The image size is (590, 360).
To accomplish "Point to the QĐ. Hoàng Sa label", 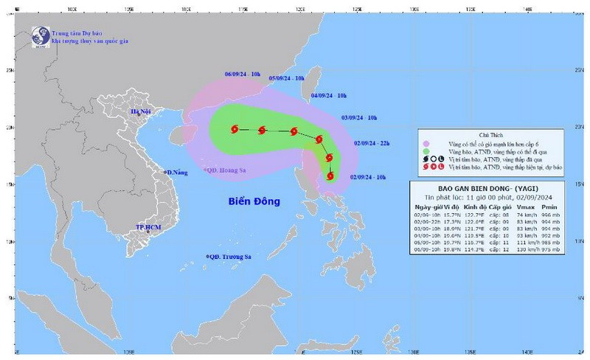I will [x=229, y=170].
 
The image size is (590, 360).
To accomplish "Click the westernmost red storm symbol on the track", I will [x=235, y=130].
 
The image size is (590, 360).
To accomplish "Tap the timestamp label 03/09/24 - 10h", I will [x=359, y=117].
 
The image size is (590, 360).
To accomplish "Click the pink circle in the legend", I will [x=426, y=144].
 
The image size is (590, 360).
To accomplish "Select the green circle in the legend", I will [x=426, y=151].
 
